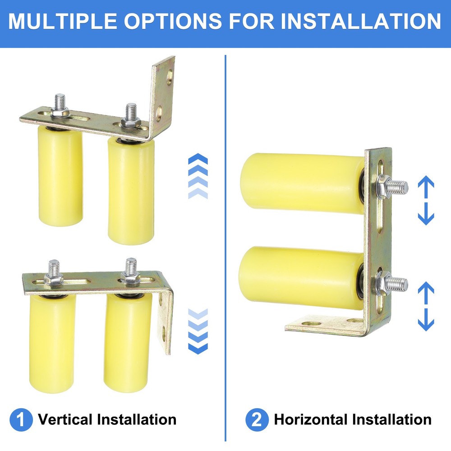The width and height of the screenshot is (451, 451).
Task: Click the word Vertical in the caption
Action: (65, 420)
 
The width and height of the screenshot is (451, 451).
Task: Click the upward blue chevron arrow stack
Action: (197, 176)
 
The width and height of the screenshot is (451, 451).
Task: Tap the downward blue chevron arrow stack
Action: (197, 331)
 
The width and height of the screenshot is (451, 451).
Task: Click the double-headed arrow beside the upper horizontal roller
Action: (426, 201)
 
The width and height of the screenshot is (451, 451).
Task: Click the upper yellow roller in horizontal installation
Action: (302, 183)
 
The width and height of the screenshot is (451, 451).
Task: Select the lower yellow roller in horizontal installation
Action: (302, 277)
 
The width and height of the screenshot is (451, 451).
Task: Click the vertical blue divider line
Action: (225, 248)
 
